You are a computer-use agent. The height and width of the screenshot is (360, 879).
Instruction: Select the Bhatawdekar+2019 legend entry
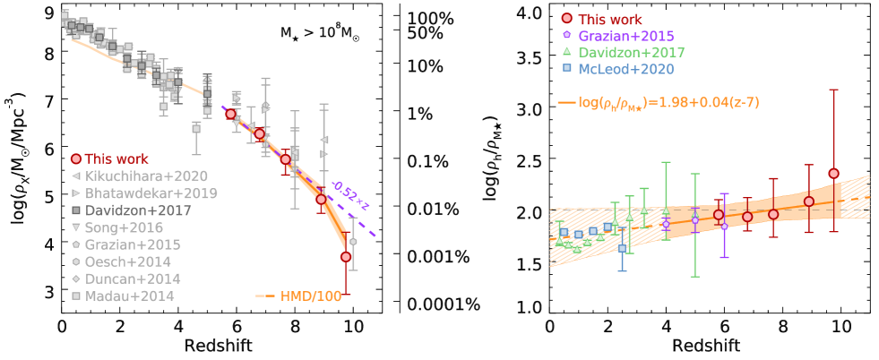151,193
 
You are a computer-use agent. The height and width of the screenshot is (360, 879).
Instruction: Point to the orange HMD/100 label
311,296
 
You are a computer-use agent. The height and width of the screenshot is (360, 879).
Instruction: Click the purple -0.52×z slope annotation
350,196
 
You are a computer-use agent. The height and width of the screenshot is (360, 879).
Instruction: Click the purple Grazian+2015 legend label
625,37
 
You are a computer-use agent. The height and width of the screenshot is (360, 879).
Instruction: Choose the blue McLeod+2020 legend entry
625,69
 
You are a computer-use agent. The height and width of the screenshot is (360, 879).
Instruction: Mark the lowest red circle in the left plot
346,257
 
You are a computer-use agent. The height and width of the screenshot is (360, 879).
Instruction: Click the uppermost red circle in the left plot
230,114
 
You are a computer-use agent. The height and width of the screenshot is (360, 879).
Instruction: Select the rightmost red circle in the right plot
833,173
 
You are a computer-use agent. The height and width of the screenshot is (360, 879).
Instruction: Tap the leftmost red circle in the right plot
718,215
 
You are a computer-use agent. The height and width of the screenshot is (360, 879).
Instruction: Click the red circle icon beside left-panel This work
76,159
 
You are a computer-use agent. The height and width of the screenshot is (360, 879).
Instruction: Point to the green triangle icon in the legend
565,53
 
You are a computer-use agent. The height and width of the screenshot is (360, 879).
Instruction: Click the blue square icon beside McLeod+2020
565,69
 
